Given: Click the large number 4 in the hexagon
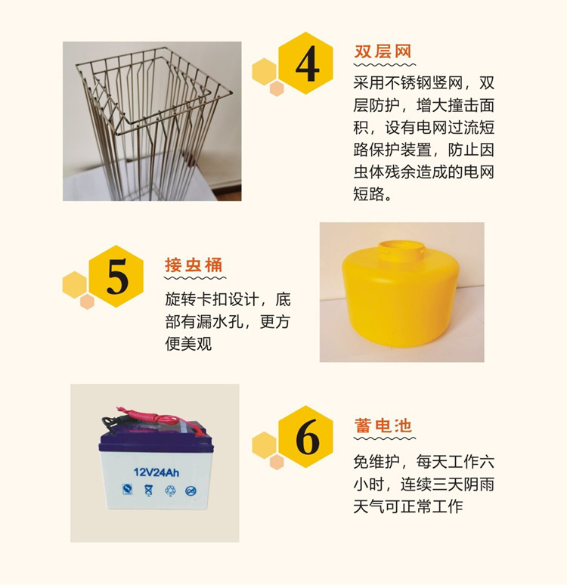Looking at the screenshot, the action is pyautogui.click(x=308, y=63).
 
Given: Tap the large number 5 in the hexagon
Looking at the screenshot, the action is pyautogui.click(x=118, y=277).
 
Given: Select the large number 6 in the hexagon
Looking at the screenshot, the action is pyautogui.click(x=308, y=437).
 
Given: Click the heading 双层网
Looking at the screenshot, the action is pyautogui.click(x=383, y=51).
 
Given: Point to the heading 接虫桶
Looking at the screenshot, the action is pyautogui.click(x=194, y=265).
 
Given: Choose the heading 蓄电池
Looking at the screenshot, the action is pyautogui.click(x=383, y=426).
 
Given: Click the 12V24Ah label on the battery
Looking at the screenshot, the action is pyautogui.click(x=156, y=472).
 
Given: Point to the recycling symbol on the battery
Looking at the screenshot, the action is pyautogui.click(x=170, y=491).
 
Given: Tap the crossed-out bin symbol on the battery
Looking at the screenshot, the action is pyautogui.click(x=149, y=490).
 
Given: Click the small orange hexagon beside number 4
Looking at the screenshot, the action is pyautogui.click(x=277, y=88).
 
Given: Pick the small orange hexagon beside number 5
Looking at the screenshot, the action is pyautogui.click(x=87, y=302).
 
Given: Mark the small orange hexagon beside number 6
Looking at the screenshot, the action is pyautogui.click(x=277, y=462).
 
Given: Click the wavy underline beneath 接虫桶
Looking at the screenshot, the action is pyautogui.click(x=195, y=278).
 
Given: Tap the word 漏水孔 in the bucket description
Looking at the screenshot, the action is pyautogui.click(x=220, y=322).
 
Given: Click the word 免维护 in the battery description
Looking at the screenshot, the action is pyautogui.click(x=376, y=462).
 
